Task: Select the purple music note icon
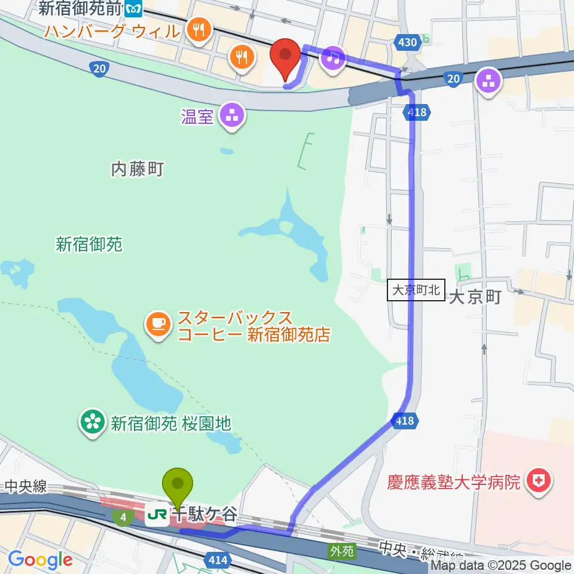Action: click(x=333, y=57)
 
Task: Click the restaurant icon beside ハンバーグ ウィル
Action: click(x=197, y=29)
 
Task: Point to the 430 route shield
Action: click(x=406, y=42)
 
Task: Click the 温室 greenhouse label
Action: click(x=197, y=116)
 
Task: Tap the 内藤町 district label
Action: click(x=138, y=170)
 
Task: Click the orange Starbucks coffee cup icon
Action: click(x=158, y=323)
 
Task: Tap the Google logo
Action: click(x=41, y=559)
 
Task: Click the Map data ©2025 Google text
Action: click(x=501, y=566)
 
